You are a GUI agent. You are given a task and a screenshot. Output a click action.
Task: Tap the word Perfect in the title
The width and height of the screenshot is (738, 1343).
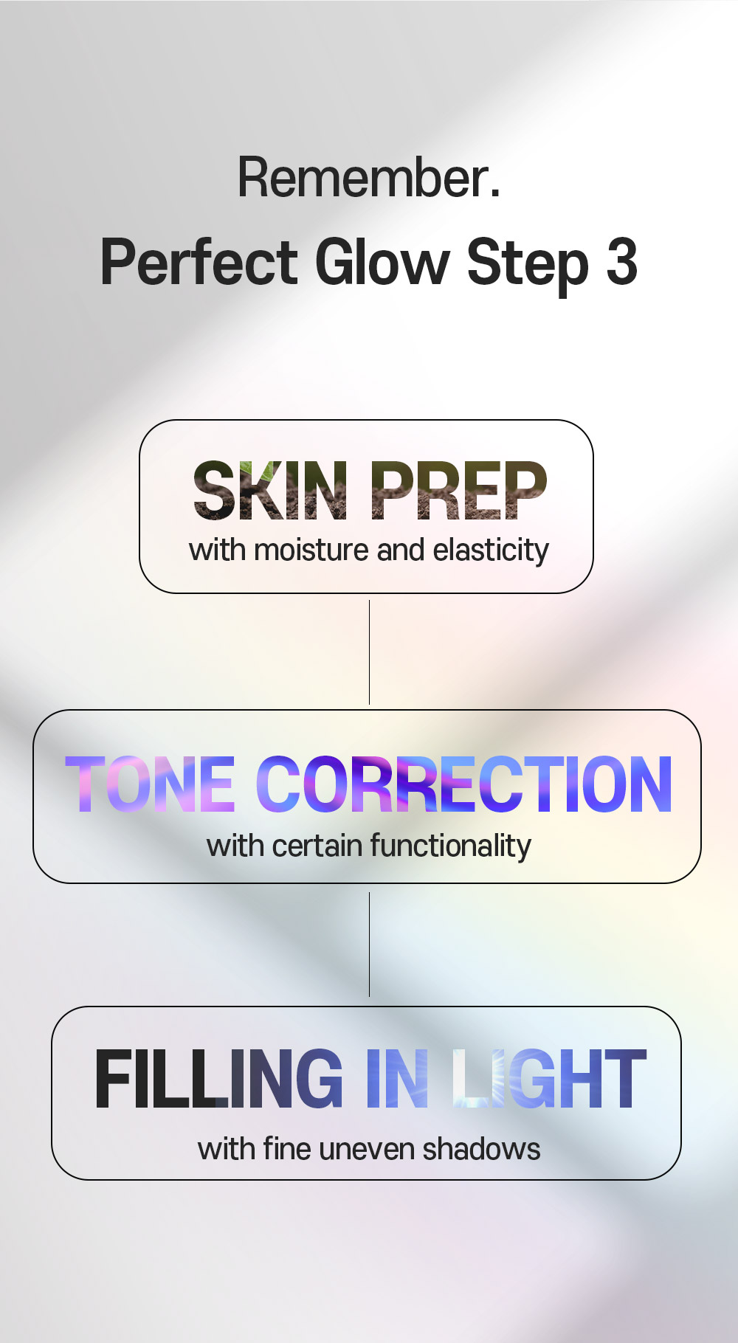click(199, 263)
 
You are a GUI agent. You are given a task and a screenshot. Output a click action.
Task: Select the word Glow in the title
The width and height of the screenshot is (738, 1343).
click(382, 261)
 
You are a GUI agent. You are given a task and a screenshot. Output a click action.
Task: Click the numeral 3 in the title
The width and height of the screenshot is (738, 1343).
click(621, 262)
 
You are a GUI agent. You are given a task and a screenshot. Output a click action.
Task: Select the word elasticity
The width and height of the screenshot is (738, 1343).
click(491, 550)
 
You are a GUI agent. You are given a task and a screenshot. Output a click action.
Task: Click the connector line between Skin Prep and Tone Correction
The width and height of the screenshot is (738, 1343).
click(369, 652)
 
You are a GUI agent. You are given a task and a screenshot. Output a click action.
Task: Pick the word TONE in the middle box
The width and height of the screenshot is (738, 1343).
click(150, 784)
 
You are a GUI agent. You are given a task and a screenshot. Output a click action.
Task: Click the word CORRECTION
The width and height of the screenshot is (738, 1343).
click(463, 784)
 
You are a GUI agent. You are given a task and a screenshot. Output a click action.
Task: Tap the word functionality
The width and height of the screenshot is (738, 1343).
click(450, 846)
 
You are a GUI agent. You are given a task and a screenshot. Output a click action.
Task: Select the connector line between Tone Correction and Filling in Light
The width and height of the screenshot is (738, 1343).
click(369, 945)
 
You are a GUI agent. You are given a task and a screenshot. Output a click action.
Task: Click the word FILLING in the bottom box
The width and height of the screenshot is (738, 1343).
click(219, 1080)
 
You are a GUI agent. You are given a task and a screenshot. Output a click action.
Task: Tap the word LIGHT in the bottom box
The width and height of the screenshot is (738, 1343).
click(549, 1080)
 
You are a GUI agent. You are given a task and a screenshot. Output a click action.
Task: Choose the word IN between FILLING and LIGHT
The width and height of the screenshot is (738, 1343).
click(397, 1080)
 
